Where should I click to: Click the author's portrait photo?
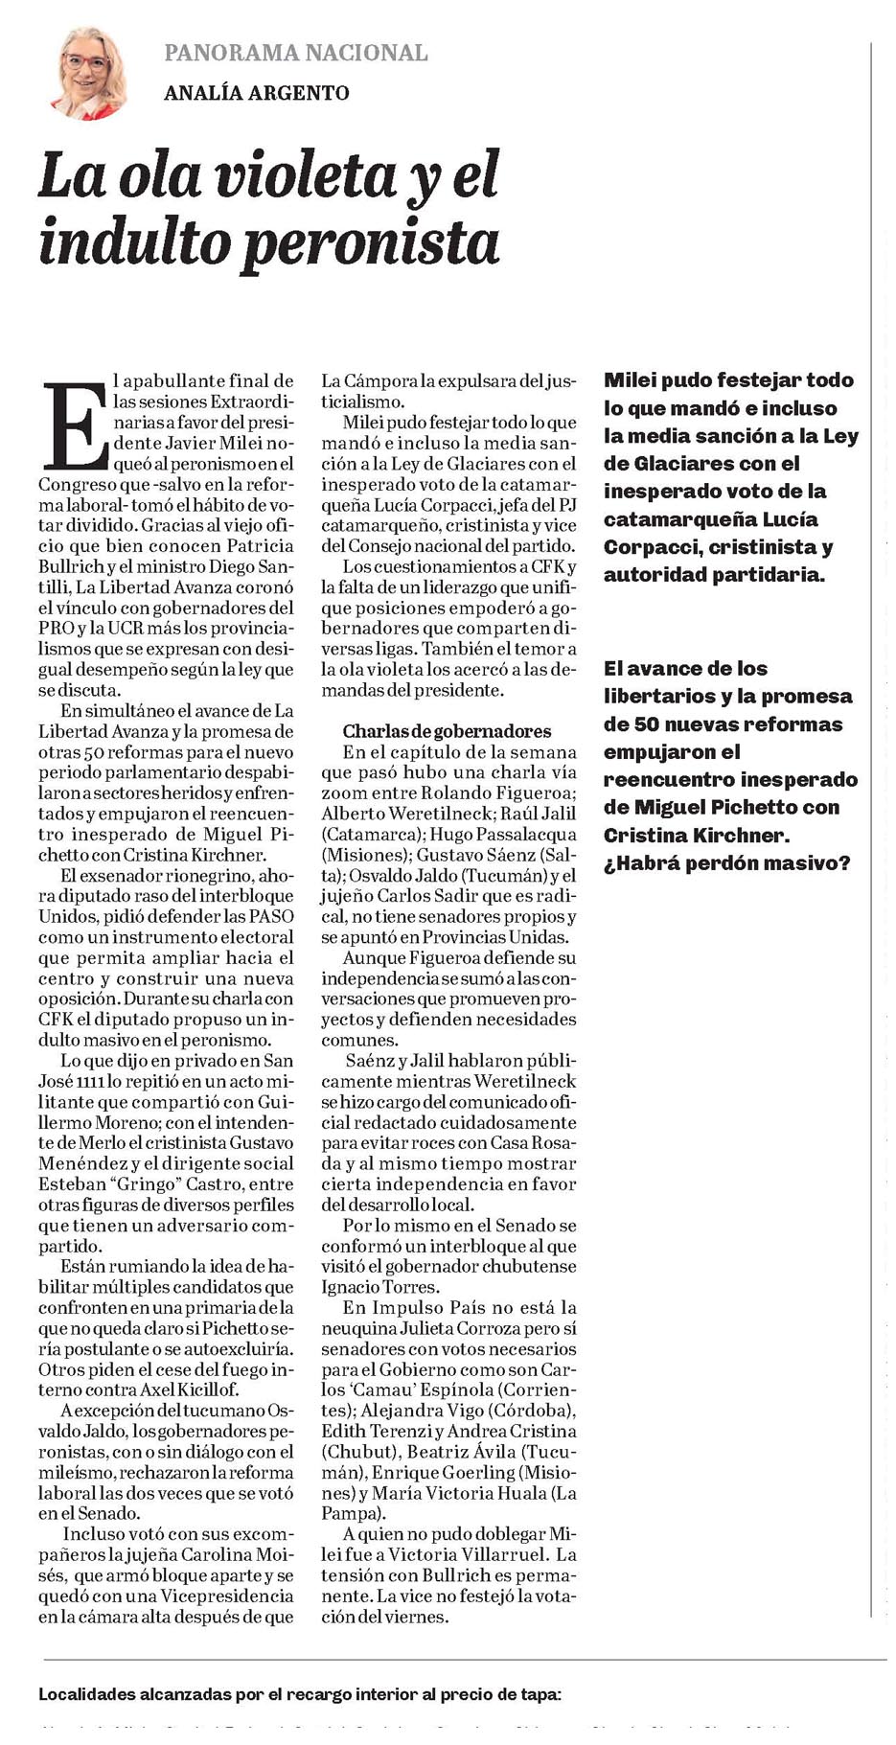(x=89, y=74)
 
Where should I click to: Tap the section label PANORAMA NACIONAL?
(x=295, y=53)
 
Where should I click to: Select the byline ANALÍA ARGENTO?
(x=256, y=93)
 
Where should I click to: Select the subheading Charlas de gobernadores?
(x=447, y=731)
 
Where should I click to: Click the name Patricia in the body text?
(x=261, y=545)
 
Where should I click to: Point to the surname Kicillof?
(x=211, y=1389)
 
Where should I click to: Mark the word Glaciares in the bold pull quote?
(x=667, y=464)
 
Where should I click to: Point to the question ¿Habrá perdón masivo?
(x=727, y=863)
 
